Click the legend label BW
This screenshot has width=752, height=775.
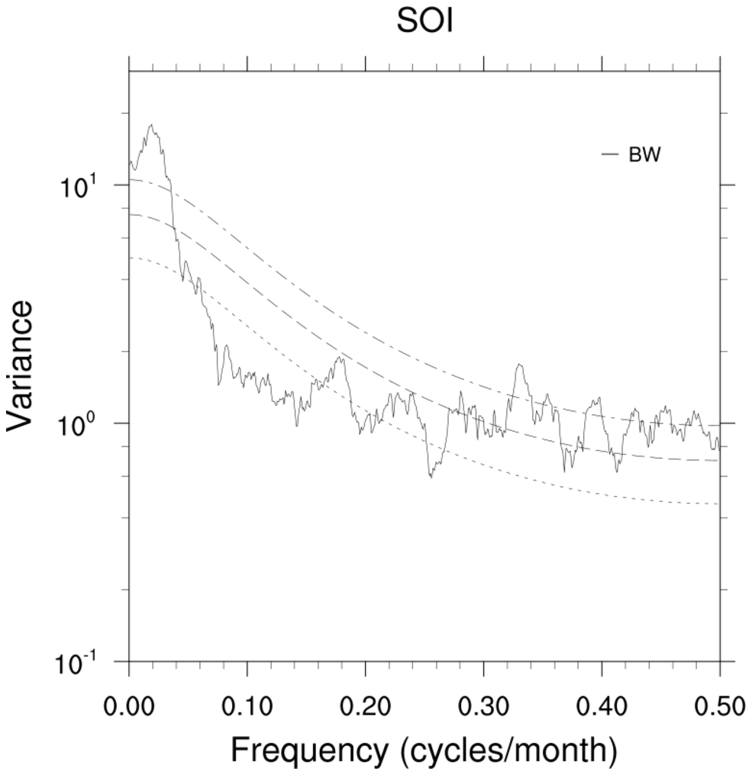pyautogui.click(x=644, y=155)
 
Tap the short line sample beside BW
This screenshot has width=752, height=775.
pyautogui.click(x=609, y=155)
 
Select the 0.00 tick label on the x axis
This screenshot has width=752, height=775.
pyautogui.click(x=129, y=706)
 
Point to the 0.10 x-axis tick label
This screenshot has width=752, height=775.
pyautogui.click(x=247, y=706)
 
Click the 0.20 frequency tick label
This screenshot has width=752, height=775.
pyautogui.click(x=366, y=706)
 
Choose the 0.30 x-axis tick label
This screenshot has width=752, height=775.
pyautogui.click(x=483, y=706)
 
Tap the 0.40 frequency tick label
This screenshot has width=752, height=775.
pyautogui.click(x=602, y=706)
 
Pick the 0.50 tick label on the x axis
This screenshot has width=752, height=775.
pyautogui.click(x=720, y=706)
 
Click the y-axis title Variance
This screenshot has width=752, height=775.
pyautogui.click(x=21, y=366)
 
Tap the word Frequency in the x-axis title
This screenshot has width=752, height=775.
pyautogui.click(x=309, y=751)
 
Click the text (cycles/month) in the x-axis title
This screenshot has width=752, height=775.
pyautogui.click(x=508, y=751)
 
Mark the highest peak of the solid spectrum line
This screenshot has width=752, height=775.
pyautogui.click(x=151, y=125)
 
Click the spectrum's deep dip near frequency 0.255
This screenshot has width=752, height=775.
pyautogui.click(x=431, y=477)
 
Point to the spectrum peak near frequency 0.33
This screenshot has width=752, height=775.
pyautogui.click(x=520, y=365)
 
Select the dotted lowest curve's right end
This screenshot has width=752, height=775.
pyautogui.click(x=718, y=504)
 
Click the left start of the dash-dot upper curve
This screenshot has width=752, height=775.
pyautogui.click(x=131, y=179)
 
